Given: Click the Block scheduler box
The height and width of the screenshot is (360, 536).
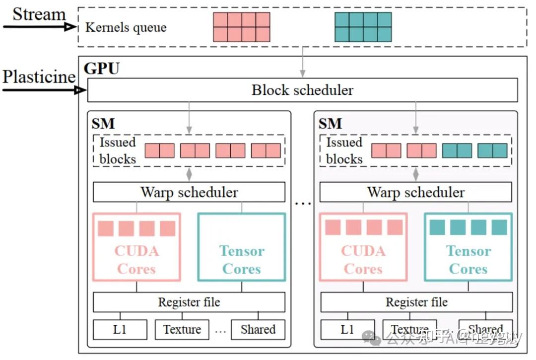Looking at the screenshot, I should click(x=302, y=90).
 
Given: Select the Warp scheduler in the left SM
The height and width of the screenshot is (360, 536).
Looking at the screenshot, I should click(x=189, y=192).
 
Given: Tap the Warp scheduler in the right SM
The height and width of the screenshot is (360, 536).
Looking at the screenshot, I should click(x=416, y=192).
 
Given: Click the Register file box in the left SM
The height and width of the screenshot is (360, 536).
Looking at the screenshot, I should click(x=189, y=302).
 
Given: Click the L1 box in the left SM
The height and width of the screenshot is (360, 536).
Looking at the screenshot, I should click(x=120, y=329).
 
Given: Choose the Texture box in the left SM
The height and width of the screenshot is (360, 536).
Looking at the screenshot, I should click(x=182, y=329).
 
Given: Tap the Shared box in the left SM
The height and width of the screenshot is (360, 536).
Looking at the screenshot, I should click(x=258, y=329).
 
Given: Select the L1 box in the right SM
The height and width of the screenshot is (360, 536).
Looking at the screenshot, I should click(x=347, y=329).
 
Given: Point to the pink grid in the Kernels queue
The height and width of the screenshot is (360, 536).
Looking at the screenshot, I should click(x=242, y=27).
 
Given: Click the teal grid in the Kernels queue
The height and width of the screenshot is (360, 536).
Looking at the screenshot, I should click(x=363, y=27).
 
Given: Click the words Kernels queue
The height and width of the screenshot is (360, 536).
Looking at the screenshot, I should click(x=126, y=27).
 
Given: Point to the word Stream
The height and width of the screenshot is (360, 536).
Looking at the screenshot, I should click(x=39, y=14).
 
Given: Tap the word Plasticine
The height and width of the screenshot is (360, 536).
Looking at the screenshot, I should click(x=39, y=77).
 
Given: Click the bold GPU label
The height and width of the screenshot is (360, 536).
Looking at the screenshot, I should click(x=102, y=68).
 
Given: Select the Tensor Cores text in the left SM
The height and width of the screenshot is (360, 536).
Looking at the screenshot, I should click(x=242, y=260).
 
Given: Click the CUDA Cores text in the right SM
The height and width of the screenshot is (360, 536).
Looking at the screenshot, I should click(x=363, y=260).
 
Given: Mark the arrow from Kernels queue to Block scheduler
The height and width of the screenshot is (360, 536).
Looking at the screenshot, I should click(x=302, y=62).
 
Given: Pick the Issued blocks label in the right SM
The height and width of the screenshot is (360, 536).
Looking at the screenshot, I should click(x=344, y=150).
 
